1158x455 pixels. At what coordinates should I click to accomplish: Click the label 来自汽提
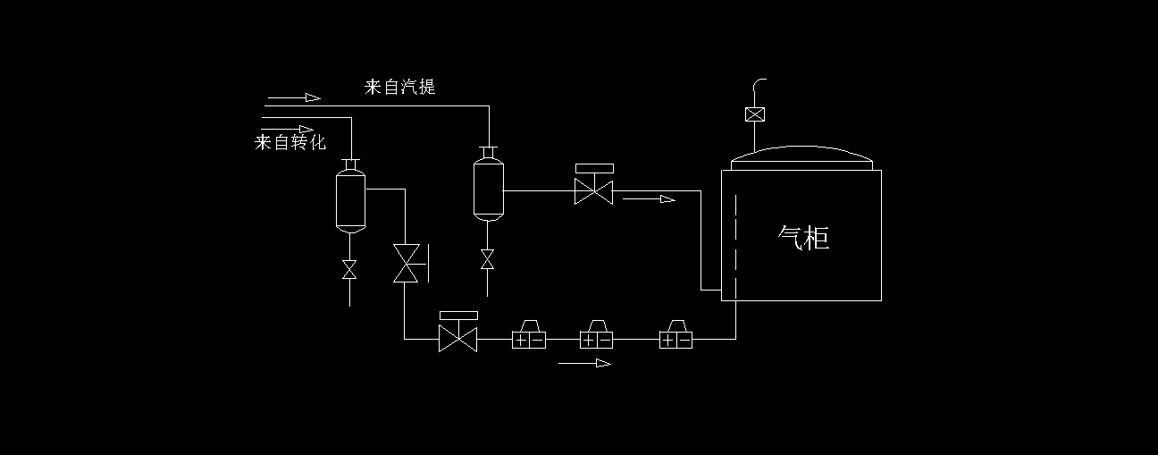coord(399,87)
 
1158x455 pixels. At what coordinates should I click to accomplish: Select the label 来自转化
coord(290,142)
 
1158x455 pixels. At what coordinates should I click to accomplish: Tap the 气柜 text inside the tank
coord(804,238)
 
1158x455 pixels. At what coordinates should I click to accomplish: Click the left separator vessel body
coord(349,200)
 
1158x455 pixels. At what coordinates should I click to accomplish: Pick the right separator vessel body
coord(488,189)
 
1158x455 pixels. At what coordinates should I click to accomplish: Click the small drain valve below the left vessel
coord(349,269)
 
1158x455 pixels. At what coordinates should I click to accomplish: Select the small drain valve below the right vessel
coord(487,259)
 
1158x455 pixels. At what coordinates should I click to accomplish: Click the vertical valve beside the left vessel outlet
coord(406,263)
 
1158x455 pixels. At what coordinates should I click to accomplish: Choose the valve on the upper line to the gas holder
coord(594,190)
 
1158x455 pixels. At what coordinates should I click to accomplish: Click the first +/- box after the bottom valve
coord(528,339)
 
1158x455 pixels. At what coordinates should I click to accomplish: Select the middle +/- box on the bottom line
coord(597,339)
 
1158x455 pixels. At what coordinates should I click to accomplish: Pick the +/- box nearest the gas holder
coord(675,339)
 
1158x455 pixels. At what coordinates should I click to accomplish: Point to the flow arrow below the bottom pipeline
coord(585,363)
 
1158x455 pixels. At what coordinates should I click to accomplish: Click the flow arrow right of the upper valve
coord(649,199)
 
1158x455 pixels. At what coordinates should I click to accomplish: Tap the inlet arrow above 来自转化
coord(288,129)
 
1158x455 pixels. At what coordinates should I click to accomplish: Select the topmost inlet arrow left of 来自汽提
coord(294,97)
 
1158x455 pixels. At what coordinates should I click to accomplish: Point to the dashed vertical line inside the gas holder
coord(735,241)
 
